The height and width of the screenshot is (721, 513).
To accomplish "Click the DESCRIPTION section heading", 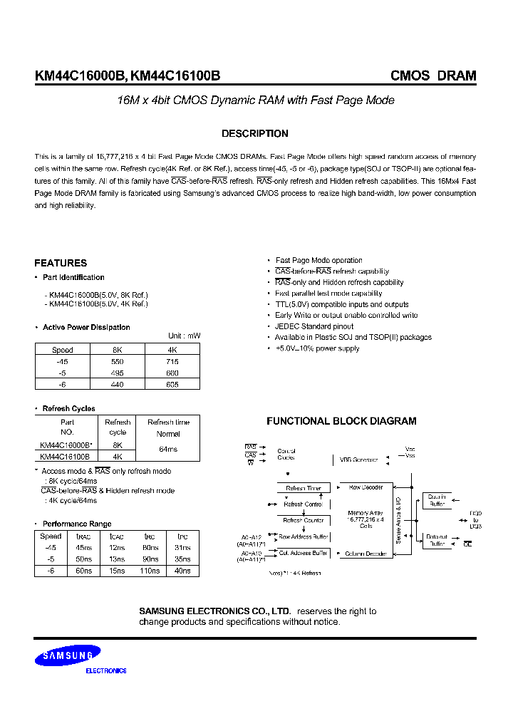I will pyautogui.click(x=254, y=134).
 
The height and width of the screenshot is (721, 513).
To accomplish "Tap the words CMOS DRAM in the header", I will pyautogui.click(x=432, y=76).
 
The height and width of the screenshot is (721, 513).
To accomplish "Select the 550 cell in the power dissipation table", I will pyautogui.click(x=118, y=361).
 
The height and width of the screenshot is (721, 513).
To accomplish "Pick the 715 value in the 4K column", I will pyautogui.click(x=172, y=361).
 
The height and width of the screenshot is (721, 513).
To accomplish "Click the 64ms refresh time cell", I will pyautogui.click(x=168, y=450).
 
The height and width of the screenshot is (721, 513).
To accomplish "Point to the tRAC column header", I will pyautogui.click(x=83, y=536).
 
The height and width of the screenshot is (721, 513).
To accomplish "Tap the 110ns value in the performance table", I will pyautogui.click(x=150, y=571).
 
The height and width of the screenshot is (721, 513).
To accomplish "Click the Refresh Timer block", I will pyautogui.click(x=304, y=489).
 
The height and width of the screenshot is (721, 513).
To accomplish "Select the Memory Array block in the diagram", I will pyautogui.click(x=366, y=519).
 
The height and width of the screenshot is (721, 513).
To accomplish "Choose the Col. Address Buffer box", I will pyautogui.click(x=304, y=553).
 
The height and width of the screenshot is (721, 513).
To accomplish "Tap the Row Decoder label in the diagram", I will pyautogui.click(x=366, y=487).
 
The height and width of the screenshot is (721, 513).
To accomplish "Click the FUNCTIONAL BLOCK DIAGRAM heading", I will pyautogui.click(x=341, y=421).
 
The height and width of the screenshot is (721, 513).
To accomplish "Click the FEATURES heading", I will pyautogui.click(x=61, y=263).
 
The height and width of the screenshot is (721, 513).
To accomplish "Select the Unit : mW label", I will pyautogui.click(x=184, y=336).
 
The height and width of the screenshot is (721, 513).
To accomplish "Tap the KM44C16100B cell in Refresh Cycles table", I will pyautogui.click(x=65, y=456).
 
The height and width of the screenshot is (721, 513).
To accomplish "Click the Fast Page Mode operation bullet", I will pyautogui.click(x=318, y=261).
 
